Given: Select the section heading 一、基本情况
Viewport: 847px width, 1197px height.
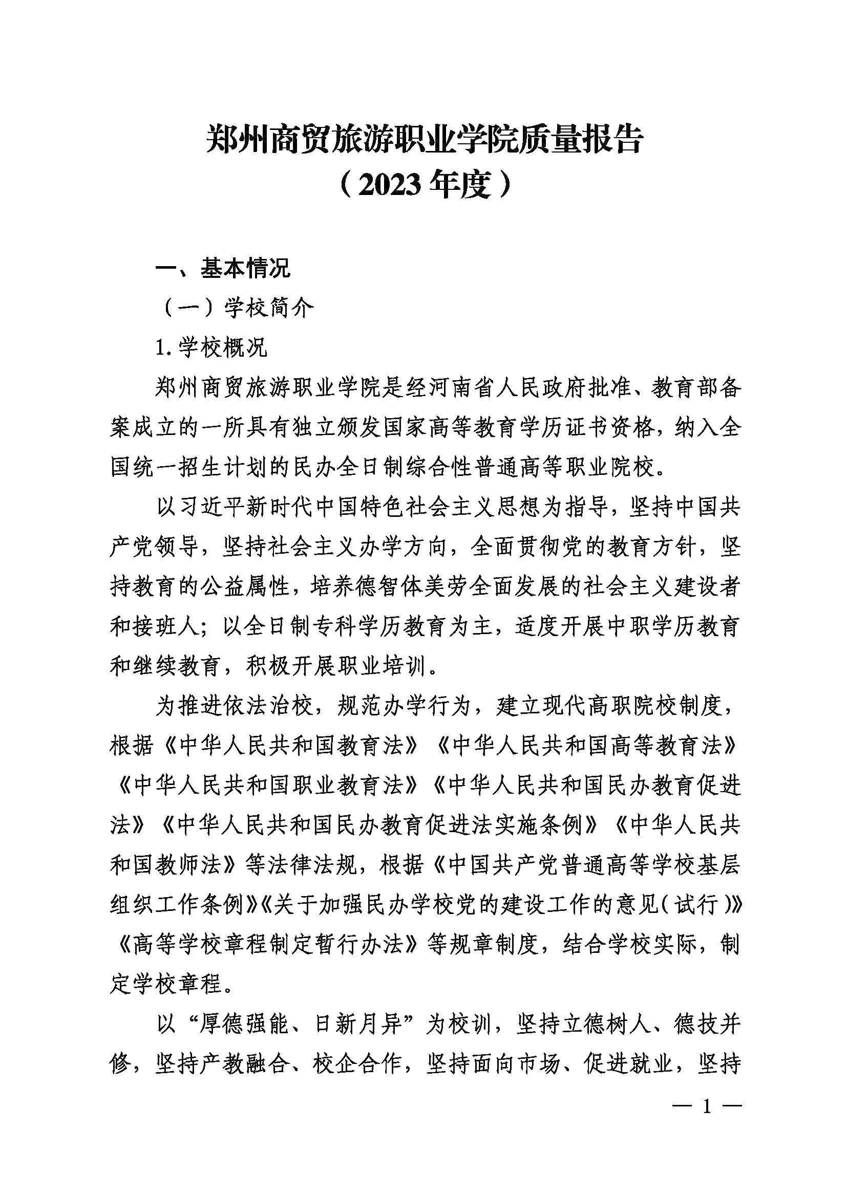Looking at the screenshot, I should (x=223, y=270).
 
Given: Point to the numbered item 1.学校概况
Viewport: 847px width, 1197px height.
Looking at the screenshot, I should (x=211, y=347).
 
